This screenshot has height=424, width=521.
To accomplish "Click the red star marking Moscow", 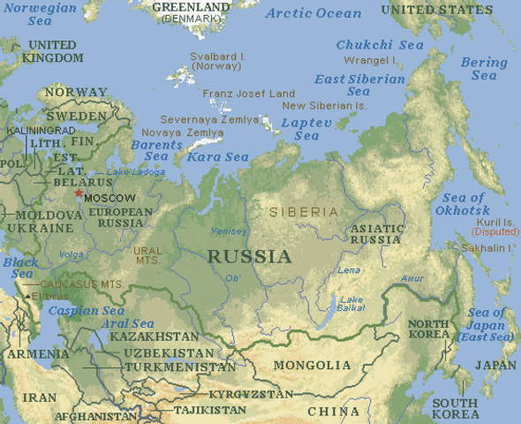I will [x=79, y=193].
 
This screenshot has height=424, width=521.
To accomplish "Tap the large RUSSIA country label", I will [x=249, y=257].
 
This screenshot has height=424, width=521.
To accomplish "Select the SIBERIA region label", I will [x=303, y=212].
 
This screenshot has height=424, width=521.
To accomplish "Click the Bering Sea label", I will [x=484, y=69].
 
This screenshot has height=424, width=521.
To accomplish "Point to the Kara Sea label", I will [x=217, y=157].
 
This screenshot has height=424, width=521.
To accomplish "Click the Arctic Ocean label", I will [x=313, y=13].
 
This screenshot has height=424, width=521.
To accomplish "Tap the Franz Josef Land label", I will [x=248, y=94].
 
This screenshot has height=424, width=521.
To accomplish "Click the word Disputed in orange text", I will [x=496, y=231].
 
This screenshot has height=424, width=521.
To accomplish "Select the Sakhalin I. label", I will [x=487, y=249].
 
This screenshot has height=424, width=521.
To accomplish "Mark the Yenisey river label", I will [x=229, y=231].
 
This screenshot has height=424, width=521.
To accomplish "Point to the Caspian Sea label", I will [x=86, y=311].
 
